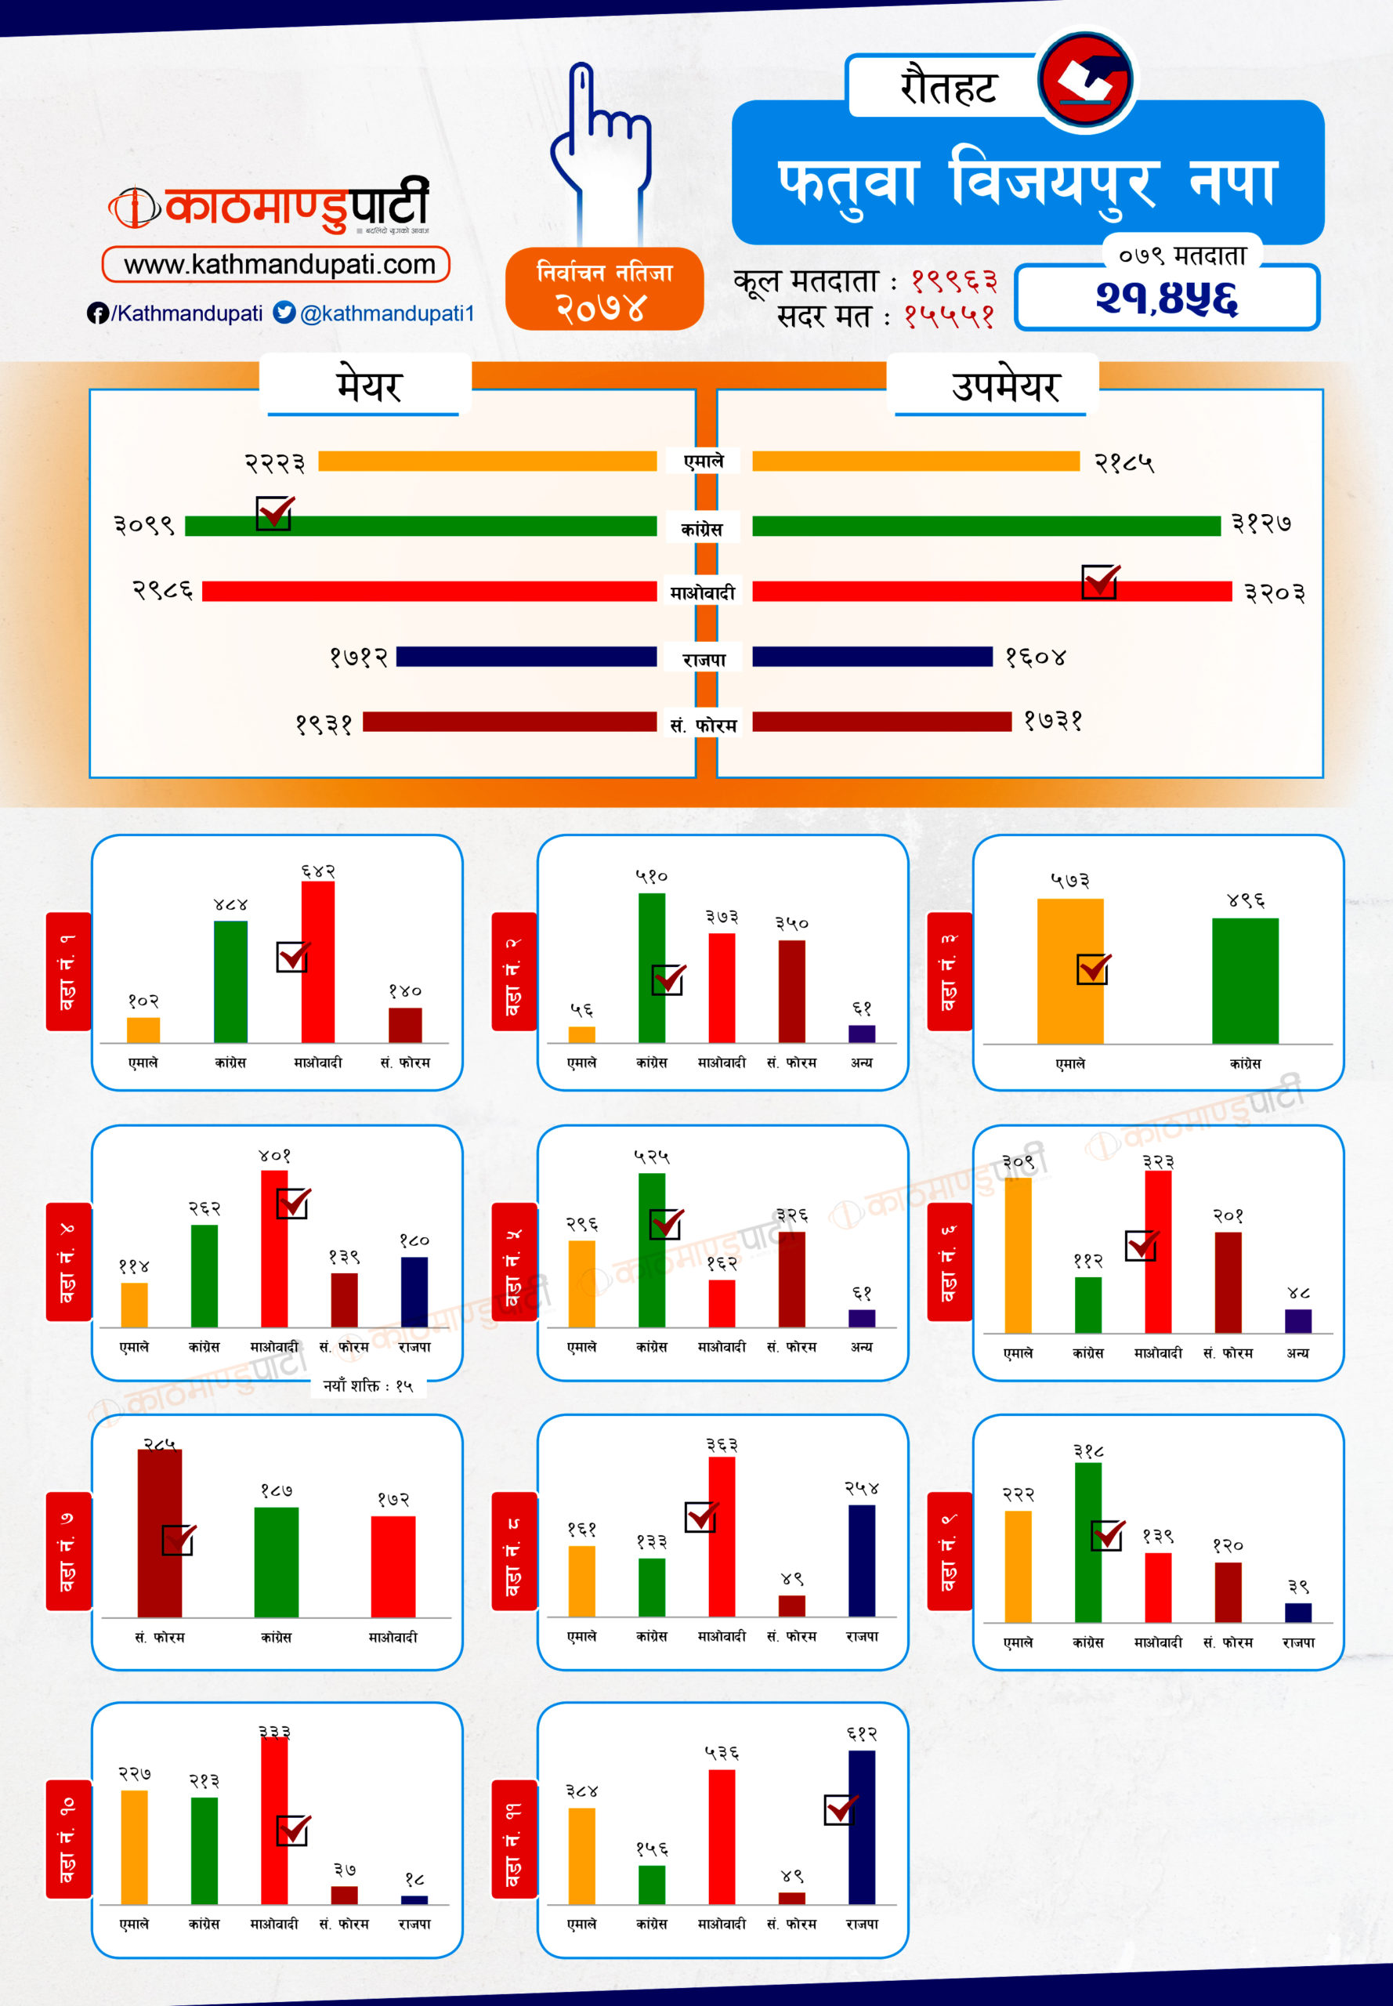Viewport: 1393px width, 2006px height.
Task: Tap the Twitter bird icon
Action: tap(284, 312)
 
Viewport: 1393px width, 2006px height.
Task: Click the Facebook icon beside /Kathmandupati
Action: tap(97, 313)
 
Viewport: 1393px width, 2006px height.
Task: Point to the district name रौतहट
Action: tap(948, 87)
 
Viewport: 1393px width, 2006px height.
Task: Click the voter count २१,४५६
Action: tap(1166, 299)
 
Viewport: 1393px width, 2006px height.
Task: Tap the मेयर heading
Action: tap(368, 386)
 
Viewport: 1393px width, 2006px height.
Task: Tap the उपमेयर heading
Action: tap(1004, 386)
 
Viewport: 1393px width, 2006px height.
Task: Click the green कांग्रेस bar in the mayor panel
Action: tap(421, 526)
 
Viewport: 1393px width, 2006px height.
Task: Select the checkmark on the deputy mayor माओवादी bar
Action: tap(1100, 581)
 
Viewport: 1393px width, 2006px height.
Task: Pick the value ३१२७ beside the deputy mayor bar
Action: tap(1261, 523)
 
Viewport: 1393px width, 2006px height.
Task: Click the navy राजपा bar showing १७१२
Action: tap(526, 657)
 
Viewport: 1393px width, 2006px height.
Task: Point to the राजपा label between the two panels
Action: tap(704, 659)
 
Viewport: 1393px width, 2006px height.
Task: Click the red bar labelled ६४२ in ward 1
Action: tap(318, 961)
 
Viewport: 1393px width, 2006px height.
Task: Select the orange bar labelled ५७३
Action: tap(1070, 971)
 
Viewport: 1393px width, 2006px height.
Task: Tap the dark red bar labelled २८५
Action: tap(159, 1533)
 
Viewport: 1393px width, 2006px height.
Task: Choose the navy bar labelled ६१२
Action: tap(862, 1827)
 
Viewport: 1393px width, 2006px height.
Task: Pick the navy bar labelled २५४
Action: tap(862, 1560)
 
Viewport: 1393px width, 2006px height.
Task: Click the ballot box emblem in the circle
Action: tap(1085, 79)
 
